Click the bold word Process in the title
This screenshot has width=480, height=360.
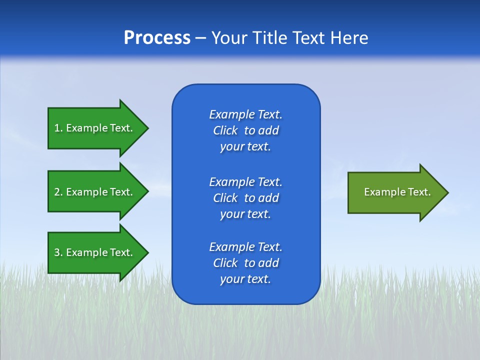coord(157,38)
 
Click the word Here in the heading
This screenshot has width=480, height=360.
coord(349,38)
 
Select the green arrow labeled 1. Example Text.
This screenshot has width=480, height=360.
coord(95,128)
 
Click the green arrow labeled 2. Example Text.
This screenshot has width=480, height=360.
coord(95,192)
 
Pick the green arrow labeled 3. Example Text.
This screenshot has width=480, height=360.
coord(95,252)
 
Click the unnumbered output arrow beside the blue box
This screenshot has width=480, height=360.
coord(395,192)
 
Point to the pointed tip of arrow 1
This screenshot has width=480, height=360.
coord(147,128)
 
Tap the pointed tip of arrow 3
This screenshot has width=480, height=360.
coord(147,252)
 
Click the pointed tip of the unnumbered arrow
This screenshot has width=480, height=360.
coord(447,192)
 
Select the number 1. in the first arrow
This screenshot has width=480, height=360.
coord(58,128)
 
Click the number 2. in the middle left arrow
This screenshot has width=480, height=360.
coord(58,192)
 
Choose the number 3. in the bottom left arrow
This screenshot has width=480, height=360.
coord(58,252)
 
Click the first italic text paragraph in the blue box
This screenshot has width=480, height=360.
coord(245,130)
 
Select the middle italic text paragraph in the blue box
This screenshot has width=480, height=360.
coord(245,198)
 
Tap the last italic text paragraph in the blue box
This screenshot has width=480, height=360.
coord(245,263)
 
